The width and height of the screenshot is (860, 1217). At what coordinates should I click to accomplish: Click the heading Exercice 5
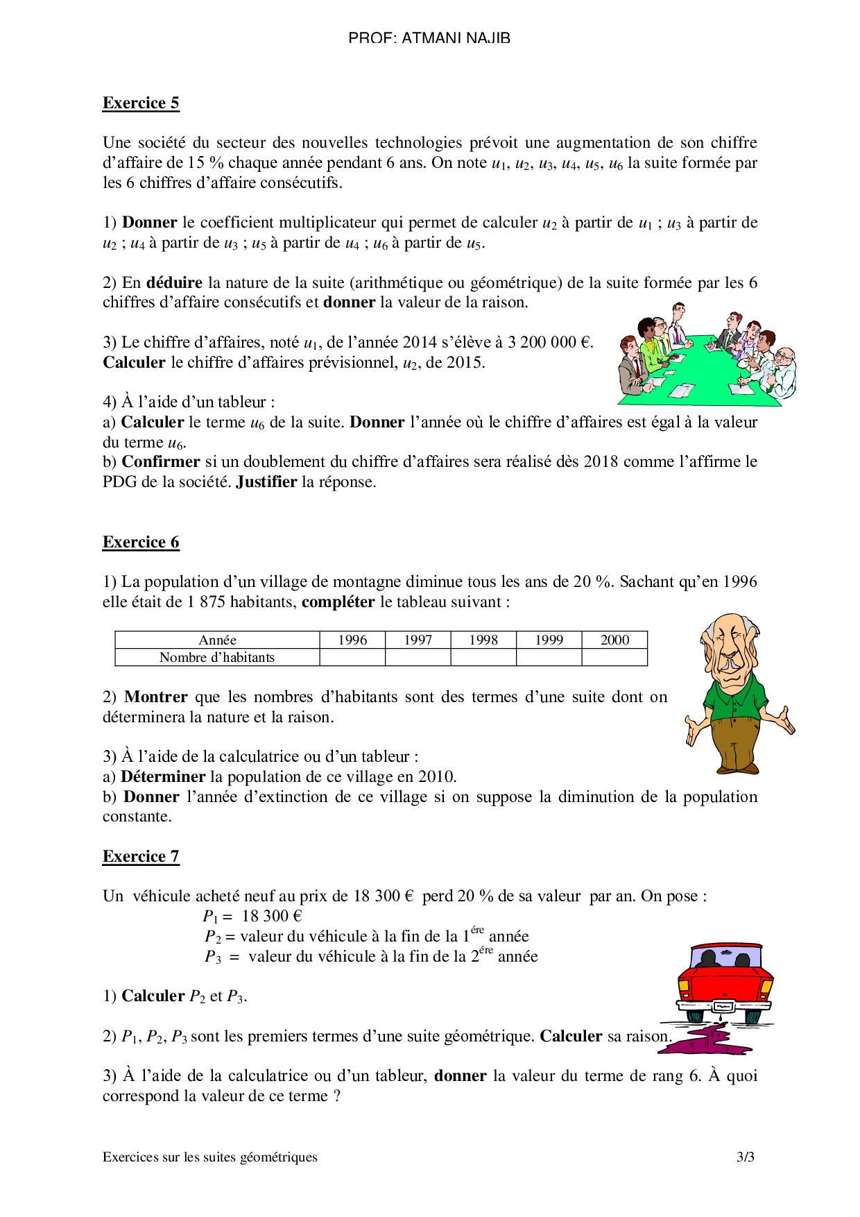[x=141, y=103]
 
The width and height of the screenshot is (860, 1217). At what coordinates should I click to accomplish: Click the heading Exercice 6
[x=141, y=543]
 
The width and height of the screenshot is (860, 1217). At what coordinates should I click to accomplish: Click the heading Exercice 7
[x=141, y=857]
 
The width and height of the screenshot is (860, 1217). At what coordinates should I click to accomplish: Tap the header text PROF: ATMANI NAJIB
[x=429, y=38]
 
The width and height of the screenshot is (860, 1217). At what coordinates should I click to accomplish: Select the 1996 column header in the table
[x=352, y=640]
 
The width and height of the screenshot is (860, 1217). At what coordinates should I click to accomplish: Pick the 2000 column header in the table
[x=614, y=640]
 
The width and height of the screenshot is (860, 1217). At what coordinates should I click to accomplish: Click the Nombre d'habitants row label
[x=217, y=658]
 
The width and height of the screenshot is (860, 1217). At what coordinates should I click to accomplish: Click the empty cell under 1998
[x=483, y=658]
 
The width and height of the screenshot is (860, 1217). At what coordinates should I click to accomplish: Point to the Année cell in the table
[x=217, y=640]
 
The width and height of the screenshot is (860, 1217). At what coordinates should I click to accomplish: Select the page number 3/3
[x=746, y=1157]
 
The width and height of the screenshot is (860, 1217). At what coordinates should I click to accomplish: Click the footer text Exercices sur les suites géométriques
[x=210, y=1157]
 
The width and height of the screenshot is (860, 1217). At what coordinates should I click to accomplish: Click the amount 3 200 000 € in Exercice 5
[x=549, y=343]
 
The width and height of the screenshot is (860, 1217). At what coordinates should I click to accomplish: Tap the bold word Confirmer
[x=161, y=462]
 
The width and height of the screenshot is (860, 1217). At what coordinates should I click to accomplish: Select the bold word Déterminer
[x=163, y=777]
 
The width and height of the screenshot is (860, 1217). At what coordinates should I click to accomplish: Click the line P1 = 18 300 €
[x=252, y=917]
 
